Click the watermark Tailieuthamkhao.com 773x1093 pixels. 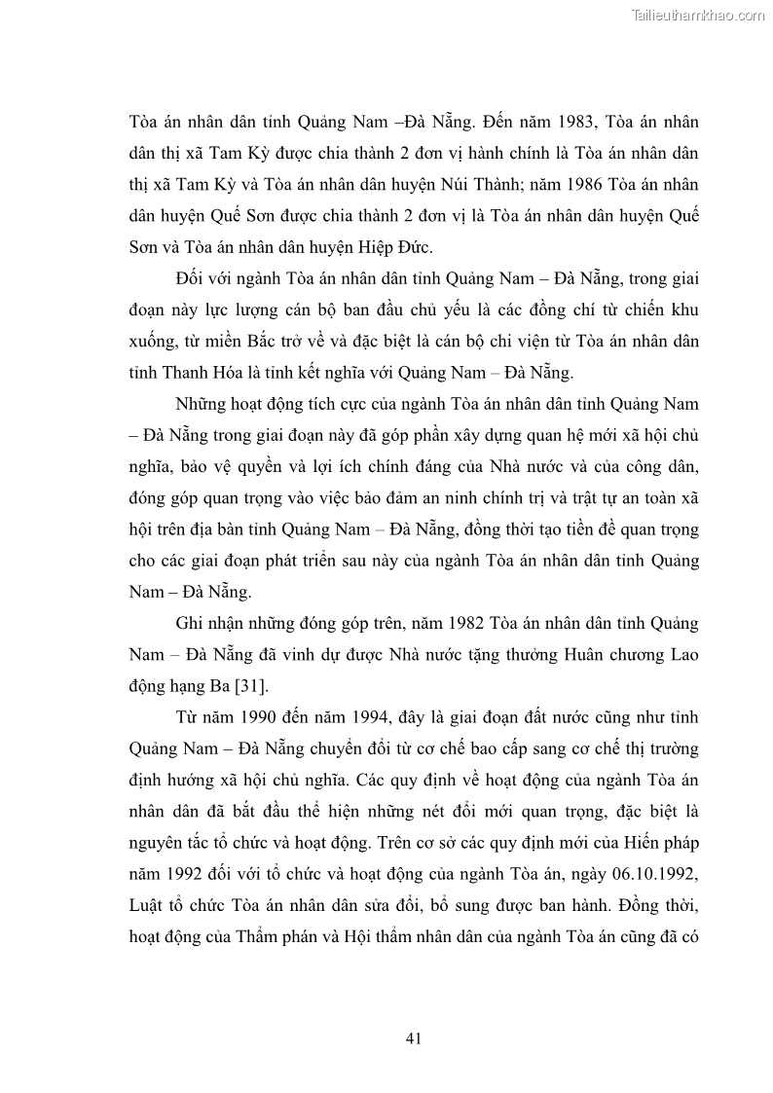pos(699,15)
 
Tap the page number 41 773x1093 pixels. pos(413,1038)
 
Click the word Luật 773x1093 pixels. pos(145,874)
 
